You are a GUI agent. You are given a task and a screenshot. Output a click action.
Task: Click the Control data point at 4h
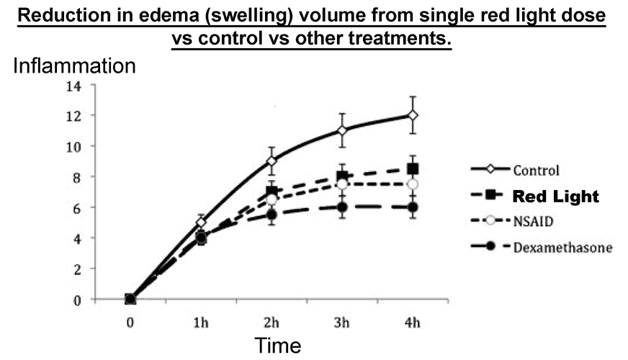tap(413, 115)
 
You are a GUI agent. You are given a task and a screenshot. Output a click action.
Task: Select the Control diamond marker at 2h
tap(272, 161)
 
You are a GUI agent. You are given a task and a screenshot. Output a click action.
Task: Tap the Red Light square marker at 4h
tap(413, 169)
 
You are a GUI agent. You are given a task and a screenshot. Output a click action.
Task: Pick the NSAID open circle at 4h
tap(413, 184)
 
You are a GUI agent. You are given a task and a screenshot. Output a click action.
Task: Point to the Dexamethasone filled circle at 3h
tap(342, 207)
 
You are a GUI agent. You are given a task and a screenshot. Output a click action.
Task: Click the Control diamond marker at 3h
tap(342, 130)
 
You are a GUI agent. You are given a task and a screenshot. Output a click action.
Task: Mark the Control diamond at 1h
tap(201, 222)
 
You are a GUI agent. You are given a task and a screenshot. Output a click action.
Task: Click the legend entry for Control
tap(537, 171)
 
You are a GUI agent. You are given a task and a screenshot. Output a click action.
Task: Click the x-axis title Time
tap(277, 346)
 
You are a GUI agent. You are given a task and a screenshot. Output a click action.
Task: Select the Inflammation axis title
tap(74, 66)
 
